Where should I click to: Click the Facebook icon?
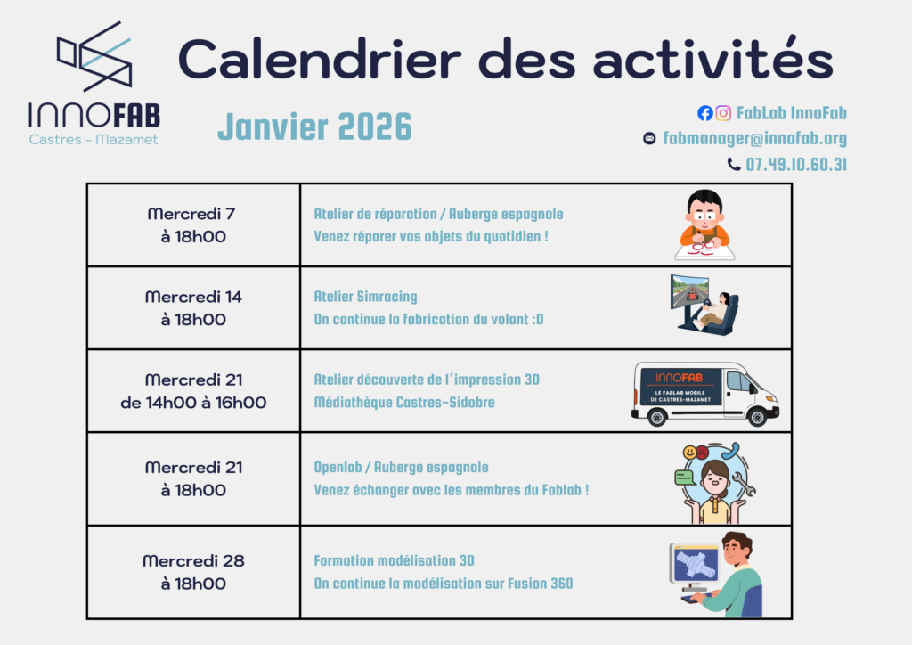point(705,113)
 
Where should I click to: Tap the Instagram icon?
point(723,113)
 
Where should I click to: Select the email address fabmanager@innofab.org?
point(755,138)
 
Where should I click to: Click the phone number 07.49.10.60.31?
point(796,165)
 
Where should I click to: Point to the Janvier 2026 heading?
point(314,127)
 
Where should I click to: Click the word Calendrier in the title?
point(320,59)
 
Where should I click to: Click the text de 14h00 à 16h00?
point(193,403)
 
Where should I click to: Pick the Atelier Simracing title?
point(365,297)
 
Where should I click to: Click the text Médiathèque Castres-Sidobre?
point(404,403)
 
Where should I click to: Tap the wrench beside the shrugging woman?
point(744,484)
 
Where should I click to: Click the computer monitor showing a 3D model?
point(695,564)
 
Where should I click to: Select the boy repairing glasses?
point(704,225)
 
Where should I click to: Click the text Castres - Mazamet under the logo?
point(94,140)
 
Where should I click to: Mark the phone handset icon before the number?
point(734,165)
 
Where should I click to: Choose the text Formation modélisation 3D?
point(394,561)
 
